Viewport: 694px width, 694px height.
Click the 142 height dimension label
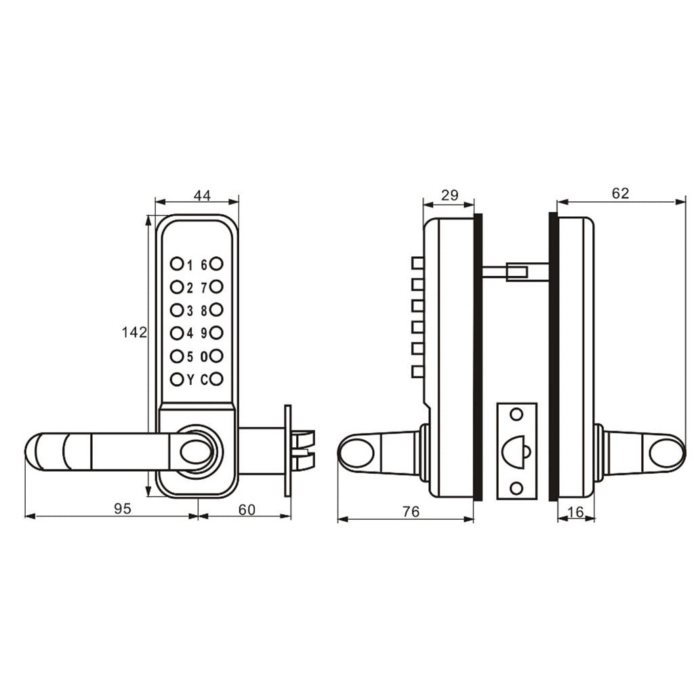pyautogui.click(x=134, y=332)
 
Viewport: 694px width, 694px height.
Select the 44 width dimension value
pyautogui.click(x=202, y=195)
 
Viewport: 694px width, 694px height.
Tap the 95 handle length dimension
pyautogui.click(x=123, y=508)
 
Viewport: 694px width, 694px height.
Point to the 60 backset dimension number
pyautogui.click(x=247, y=510)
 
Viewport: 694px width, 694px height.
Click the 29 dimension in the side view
pyautogui.click(x=450, y=195)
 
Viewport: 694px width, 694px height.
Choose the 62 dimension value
pyautogui.click(x=620, y=193)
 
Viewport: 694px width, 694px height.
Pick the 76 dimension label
pyautogui.click(x=411, y=511)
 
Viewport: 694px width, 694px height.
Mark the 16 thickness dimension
pyautogui.click(x=575, y=512)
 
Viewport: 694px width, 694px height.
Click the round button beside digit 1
pyautogui.click(x=177, y=264)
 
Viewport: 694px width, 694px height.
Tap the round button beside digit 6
pyautogui.click(x=216, y=264)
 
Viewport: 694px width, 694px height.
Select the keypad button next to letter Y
pyautogui.click(x=177, y=379)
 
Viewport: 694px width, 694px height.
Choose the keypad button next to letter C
pyautogui.click(x=216, y=379)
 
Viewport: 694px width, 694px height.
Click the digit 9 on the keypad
pyautogui.click(x=204, y=333)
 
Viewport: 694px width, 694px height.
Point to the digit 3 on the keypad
pyautogui.click(x=190, y=311)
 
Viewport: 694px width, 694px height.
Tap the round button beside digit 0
pyautogui.click(x=216, y=355)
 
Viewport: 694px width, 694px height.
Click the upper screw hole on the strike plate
pyautogui.click(x=516, y=415)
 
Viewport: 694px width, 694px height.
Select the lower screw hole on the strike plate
pyautogui.click(x=516, y=488)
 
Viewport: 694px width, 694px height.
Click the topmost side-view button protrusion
pyautogui.click(x=417, y=263)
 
